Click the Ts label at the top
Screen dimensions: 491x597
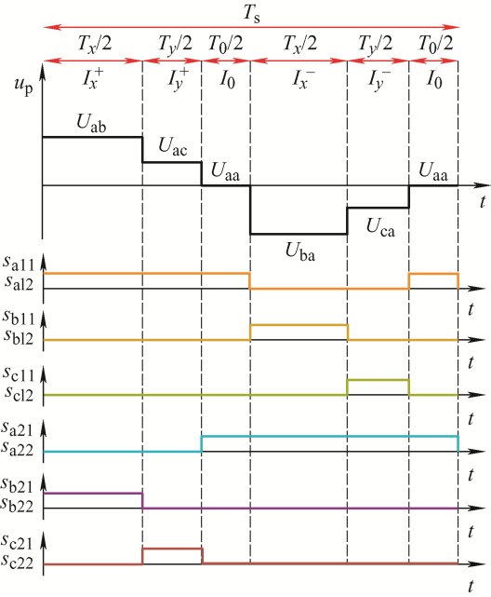point(252,14)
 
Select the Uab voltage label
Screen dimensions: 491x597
point(91,123)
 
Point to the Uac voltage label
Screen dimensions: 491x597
point(173,146)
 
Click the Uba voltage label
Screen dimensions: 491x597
point(300,251)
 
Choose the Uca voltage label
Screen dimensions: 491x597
point(380,227)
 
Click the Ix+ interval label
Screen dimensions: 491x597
point(93,79)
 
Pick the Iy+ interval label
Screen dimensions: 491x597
point(179,80)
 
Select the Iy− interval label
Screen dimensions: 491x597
point(379,80)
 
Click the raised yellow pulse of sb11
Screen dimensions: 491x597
point(299,325)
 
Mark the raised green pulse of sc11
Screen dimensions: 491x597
point(378,380)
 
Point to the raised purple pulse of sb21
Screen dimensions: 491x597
point(93,493)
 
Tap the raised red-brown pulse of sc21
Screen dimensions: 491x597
point(173,549)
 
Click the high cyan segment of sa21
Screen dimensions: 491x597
point(330,436)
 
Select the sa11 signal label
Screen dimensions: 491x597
point(19,263)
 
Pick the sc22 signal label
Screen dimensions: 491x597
point(18,561)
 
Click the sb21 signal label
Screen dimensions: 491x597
point(18,484)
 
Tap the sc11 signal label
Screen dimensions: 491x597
point(19,373)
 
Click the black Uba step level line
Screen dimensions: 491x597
point(299,234)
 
